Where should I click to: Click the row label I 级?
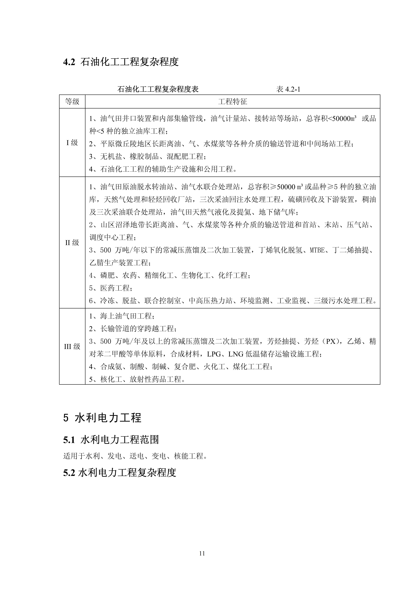pyautogui.click(x=72, y=143)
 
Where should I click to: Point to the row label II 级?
pyautogui.click(x=72, y=243)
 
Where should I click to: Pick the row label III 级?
pyautogui.click(x=72, y=347)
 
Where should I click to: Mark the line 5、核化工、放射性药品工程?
pyautogui.click(x=137, y=379)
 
